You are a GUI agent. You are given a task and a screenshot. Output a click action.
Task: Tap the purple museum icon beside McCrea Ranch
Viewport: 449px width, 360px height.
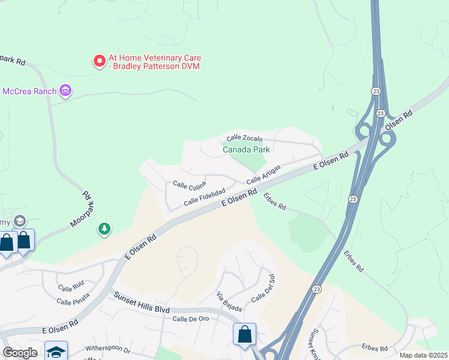click(x=66, y=91)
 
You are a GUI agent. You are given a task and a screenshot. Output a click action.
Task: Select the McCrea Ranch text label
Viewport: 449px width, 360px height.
click(x=29, y=91)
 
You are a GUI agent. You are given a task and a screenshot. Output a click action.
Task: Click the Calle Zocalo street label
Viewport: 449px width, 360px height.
click(x=245, y=138)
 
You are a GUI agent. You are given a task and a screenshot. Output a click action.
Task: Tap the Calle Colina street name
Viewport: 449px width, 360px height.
click(x=189, y=184)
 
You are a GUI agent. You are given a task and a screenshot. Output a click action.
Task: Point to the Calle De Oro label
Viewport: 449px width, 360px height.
click(x=190, y=318)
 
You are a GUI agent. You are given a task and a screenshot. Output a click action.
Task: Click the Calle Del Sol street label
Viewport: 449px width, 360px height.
click(x=262, y=289)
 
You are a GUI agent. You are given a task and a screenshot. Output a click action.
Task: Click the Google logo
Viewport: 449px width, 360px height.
click(x=20, y=353)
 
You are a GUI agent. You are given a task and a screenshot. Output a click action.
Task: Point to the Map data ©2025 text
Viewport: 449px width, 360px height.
click(x=423, y=355)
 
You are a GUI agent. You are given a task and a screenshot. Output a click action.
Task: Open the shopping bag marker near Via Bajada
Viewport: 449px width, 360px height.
click(x=245, y=334)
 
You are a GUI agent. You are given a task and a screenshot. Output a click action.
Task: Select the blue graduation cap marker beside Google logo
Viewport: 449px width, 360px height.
click(x=56, y=352)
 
